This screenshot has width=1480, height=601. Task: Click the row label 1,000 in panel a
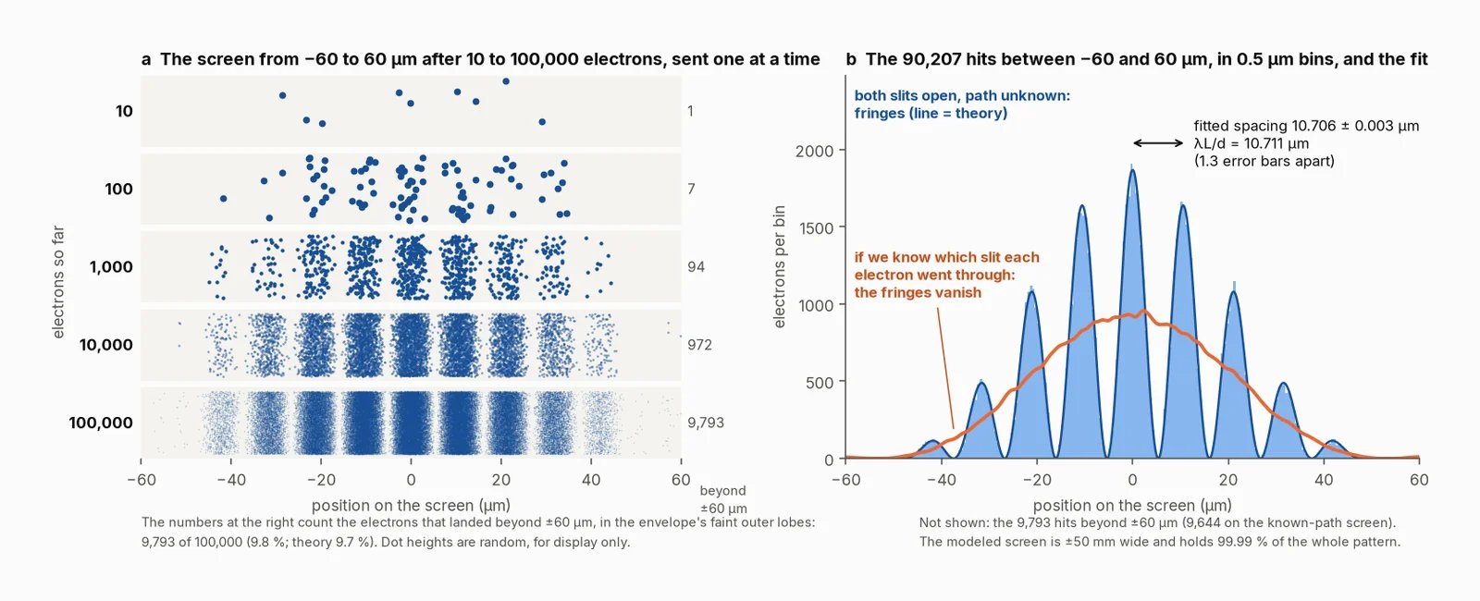click(x=111, y=267)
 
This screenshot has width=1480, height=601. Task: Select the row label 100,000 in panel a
click(x=101, y=423)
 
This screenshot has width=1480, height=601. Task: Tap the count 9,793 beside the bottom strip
click(x=706, y=423)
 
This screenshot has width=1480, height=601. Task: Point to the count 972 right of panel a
click(x=699, y=345)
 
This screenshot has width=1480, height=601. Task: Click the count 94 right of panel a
click(x=696, y=267)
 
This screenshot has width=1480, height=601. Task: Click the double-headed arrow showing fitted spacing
click(x=1158, y=142)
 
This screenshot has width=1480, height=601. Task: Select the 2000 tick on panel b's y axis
click(x=815, y=151)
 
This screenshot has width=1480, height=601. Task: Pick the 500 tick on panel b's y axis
click(x=820, y=383)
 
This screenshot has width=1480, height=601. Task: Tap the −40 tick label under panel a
click(x=230, y=480)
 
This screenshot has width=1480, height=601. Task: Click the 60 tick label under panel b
click(x=1419, y=480)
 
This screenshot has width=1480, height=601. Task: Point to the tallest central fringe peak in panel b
click(x=1132, y=170)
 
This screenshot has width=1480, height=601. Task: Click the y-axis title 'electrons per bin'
click(x=780, y=266)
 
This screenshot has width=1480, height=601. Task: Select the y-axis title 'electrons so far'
click(x=58, y=282)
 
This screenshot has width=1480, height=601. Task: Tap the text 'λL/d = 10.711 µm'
click(x=1252, y=143)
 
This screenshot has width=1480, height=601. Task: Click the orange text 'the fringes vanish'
click(x=918, y=292)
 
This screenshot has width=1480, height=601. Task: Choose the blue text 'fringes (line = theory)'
click(x=931, y=113)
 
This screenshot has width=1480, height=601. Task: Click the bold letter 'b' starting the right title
click(x=851, y=59)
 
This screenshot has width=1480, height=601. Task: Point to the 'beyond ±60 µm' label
click(x=723, y=499)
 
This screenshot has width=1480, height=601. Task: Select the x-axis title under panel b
click(x=1132, y=505)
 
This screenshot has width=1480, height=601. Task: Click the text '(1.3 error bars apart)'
click(x=1264, y=161)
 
